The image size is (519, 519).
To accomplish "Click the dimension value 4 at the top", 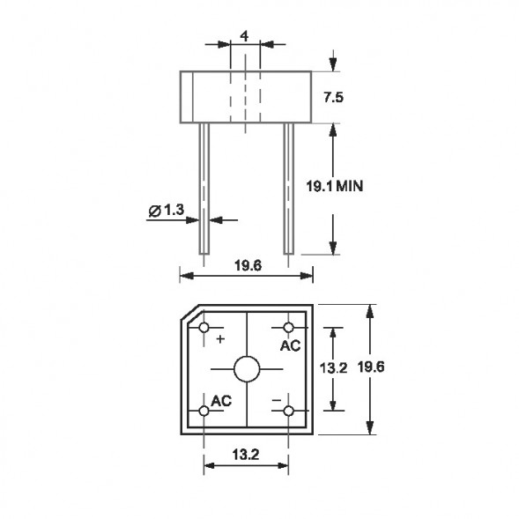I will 244,37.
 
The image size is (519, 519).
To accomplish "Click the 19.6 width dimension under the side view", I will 246,263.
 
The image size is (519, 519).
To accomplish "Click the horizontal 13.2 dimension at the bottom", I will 247,455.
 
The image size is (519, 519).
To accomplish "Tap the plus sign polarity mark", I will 219,338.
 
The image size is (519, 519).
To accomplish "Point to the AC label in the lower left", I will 220,400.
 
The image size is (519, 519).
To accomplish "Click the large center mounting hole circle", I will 247,368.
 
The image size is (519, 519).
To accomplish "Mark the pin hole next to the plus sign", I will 204,328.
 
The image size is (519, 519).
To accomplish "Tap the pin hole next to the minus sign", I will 289,411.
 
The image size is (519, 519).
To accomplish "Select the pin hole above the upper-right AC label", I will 289,328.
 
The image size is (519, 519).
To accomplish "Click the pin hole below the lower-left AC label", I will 204,411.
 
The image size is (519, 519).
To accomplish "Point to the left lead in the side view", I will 204,189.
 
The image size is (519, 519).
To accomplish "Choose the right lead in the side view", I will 288,189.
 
